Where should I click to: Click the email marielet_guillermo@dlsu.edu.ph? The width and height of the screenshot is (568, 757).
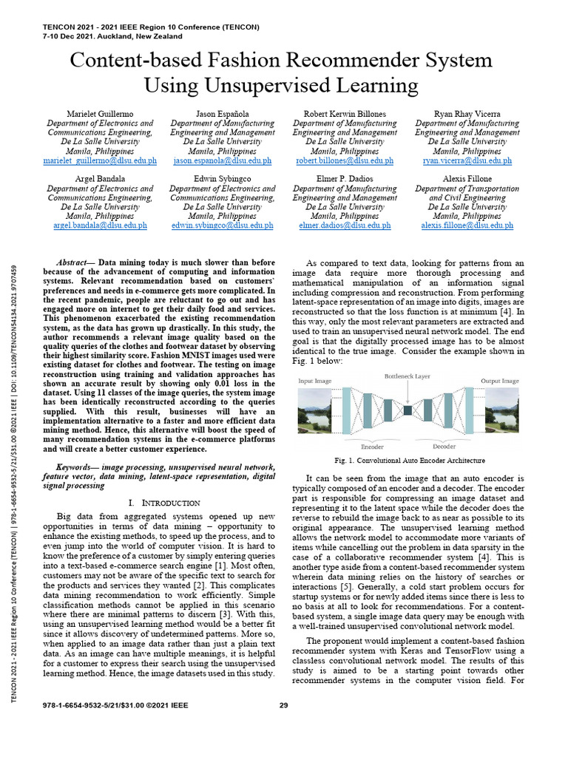[x=101, y=160]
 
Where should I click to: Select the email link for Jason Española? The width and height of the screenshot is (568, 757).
[x=222, y=160]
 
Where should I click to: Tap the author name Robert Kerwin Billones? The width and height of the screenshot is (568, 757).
[x=344, y=112]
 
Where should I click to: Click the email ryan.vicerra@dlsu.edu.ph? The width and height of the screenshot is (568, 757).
[x=467, y=160]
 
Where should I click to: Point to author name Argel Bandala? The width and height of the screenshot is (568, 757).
[x=101, y=179]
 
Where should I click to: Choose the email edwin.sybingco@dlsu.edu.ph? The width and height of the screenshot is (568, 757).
[x=222, y=225]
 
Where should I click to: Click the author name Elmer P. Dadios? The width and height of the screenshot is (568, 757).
[x=344, y=179]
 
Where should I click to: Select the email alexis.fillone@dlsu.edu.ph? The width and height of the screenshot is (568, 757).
[x=467, y=225]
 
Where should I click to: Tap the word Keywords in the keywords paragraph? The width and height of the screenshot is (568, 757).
[x=77, y=467]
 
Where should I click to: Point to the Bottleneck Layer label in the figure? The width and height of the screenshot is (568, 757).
[x=407, y=376]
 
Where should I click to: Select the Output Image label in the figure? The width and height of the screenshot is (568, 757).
[x=500, y=381]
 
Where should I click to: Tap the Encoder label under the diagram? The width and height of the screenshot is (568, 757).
[x=372, y=447]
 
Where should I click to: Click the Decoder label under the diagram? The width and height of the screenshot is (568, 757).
[x=444, y=447]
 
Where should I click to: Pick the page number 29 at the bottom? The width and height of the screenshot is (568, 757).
[x=283, y=705]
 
